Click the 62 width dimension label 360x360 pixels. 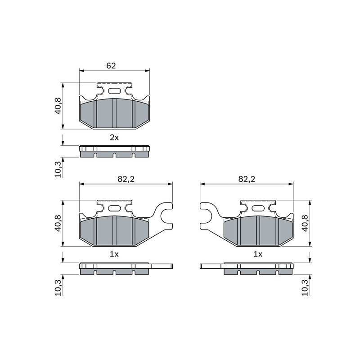pos(111,66)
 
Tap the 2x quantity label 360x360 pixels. pos(114,138)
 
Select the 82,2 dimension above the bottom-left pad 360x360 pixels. pos(126,179)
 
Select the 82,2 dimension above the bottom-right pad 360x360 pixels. pos(247,179)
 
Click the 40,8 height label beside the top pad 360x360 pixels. pos(58,106)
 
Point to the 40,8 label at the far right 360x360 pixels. pos(305,223)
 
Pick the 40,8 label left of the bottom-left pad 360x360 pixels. pos(58,223)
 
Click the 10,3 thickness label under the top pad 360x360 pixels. pos(58,170)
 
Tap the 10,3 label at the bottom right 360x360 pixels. pos(305,288)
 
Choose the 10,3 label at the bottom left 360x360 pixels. pos(58,288)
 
